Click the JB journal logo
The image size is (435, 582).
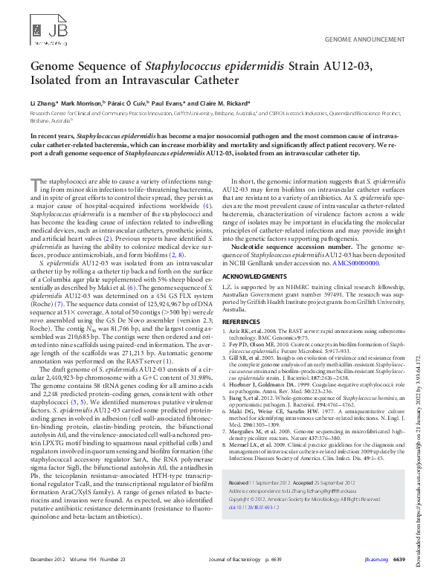pyautogui.click(x=47, y=32)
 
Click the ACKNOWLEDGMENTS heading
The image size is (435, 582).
pyautogui.click(x=254, y=277)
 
